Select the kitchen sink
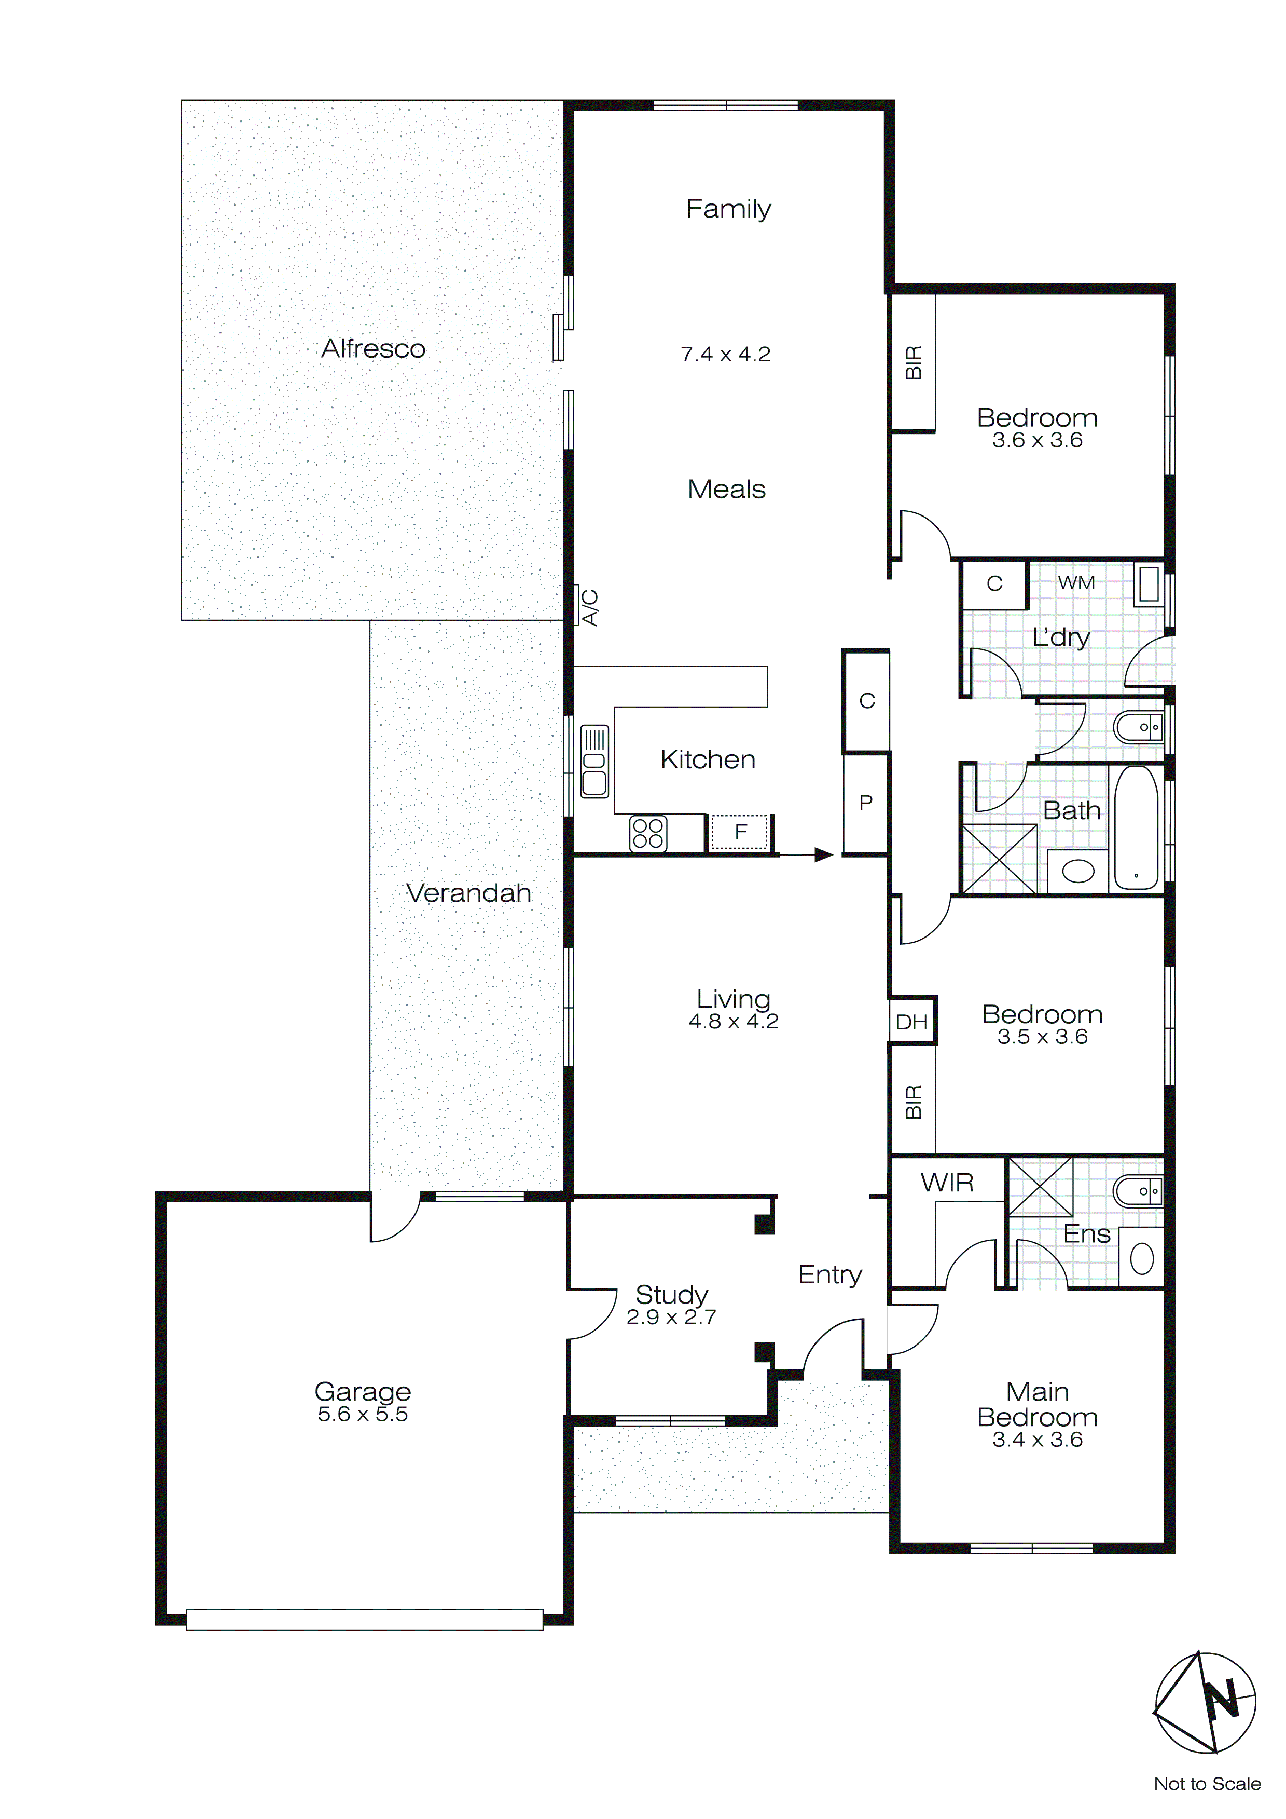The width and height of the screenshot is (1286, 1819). tap(594, 761)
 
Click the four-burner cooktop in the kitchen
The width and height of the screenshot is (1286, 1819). tap(648, 833)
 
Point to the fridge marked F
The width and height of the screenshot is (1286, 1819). tap(740, 832)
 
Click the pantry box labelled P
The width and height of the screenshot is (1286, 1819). tap(865, 803)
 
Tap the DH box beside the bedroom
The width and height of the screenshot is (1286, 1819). tap(911, 1021)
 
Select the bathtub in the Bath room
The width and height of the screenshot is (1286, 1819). tap(1136, 828)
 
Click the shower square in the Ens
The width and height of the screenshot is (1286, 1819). tap(1040, 1186)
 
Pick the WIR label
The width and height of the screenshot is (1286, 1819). tap(947, 1183)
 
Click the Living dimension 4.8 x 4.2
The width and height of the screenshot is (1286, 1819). tap(734, 1021)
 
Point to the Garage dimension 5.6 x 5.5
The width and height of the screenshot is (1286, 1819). tap(363, 1414)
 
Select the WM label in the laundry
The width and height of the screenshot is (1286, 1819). tap(1076, 582)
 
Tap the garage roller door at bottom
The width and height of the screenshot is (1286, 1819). tap(364, 1619)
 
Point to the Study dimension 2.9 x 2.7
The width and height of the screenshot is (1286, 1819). tap(671, 1316)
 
